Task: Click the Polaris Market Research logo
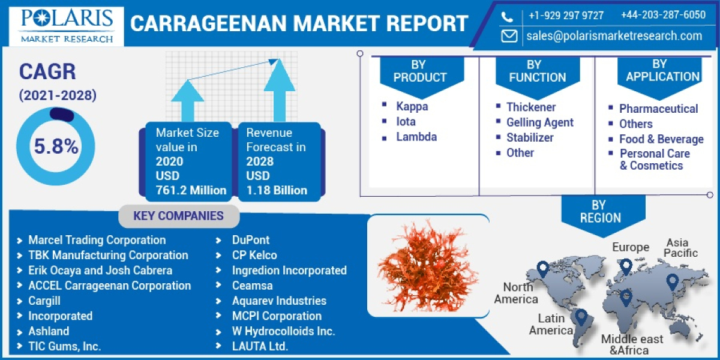[x=66, y=25]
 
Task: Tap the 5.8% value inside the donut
[x=56, y=146]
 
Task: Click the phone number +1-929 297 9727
[x=566, y=15]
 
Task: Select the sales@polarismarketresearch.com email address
[x=614, y=35]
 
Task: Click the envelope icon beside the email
[x=509, y=35]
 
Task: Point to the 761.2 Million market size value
[x=191, y=190]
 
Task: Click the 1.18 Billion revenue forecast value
[x=277, y=190]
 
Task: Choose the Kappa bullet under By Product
[x=412, y=106]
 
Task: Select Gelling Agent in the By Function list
[x=539, y=122]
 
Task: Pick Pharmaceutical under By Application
[x=658, y=109]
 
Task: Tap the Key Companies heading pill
[x=178, y=216]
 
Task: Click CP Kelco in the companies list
[x=254, y=255]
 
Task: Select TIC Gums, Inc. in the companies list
[x=64, y=346]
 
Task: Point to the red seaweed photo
[x=427, y=265]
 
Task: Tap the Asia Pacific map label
[x=680, y=248]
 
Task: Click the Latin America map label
[x=551, y=324]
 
